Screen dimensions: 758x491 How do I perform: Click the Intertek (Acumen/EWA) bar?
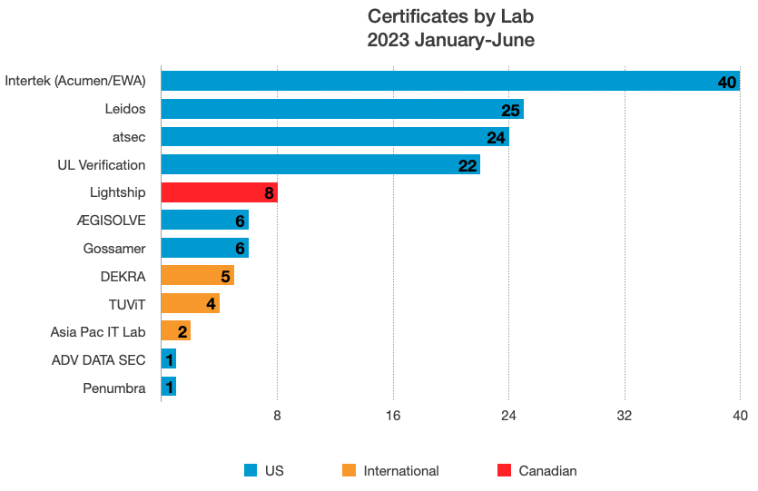point(450,81)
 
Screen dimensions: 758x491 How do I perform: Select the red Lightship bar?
point(220,192)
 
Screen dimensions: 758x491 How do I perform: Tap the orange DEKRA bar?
point(198,275)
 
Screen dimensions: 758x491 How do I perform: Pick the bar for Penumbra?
point(169,386)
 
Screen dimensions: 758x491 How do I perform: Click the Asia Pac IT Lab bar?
point(176,330)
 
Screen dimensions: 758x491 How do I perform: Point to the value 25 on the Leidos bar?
point(510,110)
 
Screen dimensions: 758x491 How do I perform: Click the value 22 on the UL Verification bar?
point(468,166)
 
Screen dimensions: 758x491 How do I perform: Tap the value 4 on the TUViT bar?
point(211,304)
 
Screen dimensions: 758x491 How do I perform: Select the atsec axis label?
point(129,137)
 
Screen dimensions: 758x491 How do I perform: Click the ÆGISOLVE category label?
point(111,221)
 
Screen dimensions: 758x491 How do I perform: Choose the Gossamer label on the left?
point(114,249)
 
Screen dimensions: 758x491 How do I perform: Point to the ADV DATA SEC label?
point(99,360)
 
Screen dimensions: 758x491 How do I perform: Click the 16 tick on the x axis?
point(393,416)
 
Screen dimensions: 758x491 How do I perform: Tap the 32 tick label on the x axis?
point(625,416)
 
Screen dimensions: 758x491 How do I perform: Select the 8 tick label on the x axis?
point(277,416)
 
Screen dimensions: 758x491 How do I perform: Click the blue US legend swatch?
point(251,470)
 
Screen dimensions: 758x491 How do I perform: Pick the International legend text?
point(401,471)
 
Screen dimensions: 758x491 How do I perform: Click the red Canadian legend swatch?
point(504,470)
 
